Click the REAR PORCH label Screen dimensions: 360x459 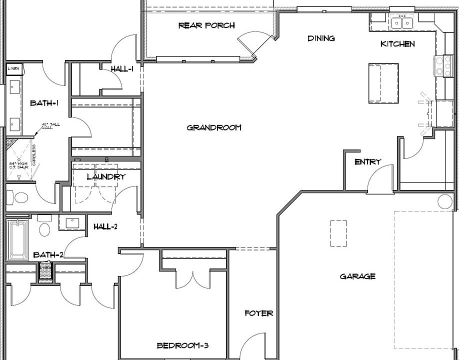tap(206, 25)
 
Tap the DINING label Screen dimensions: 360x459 tap(321, 38)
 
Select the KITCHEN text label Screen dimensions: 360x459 tap(397, 44)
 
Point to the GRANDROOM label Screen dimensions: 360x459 tap(214, 127)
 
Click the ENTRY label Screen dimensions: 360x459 tap(367, 162)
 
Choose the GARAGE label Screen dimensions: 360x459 tap(357, 276)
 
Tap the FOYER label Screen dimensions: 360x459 tap(259, 313)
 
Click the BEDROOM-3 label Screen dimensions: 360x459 tap(182, 345)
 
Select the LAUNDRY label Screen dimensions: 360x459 tap(105, 176)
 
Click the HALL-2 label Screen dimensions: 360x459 tap(105, 227)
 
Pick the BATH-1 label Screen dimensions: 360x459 tap(44, 103)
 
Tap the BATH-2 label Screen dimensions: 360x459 tap(48, 255)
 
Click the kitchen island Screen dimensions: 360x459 tap(383, 82)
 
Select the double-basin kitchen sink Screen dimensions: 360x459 tap(402, 23)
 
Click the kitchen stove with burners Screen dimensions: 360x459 tap(440, 66)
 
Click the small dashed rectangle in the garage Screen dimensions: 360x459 tap(338, 233)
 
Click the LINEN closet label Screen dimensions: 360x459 tap(13, 68)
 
